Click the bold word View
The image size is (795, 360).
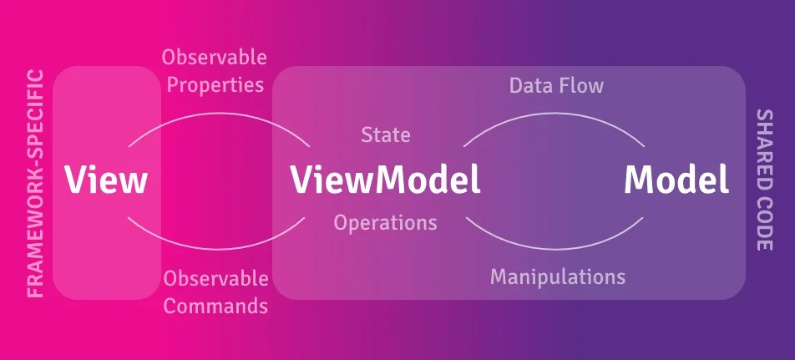click(105, 180)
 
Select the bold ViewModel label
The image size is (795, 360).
click(385, 180)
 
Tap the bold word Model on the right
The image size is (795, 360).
click(676, 180)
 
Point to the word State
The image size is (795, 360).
click(385, 134)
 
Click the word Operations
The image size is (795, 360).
click(385, 222)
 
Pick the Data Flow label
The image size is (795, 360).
click(556, 86)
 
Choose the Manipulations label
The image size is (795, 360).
click(558, 276)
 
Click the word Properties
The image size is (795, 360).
click(215, 85)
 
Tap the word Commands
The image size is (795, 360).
click(216, 306)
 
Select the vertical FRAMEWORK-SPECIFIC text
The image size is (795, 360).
click(35, 184)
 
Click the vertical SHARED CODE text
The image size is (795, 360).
click(764, 180)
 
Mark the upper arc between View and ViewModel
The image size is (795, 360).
click(219, 113)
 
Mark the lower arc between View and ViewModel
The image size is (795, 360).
click(217, 249)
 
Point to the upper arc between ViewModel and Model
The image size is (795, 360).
click(554, 113)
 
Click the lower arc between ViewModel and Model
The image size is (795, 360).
click(554, 249)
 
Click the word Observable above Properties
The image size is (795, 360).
click(215, 58)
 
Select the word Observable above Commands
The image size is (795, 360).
click(216, 278)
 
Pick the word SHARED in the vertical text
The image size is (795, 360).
click(764, 145)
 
